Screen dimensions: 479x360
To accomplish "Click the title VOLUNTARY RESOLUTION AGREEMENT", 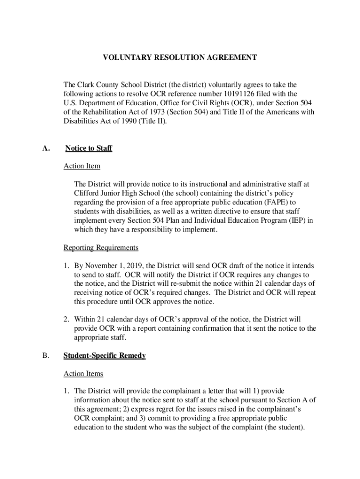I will coord(180,58).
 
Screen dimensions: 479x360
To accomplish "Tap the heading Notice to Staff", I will coord(88,148).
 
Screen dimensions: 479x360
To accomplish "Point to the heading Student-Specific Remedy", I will coord(104,356).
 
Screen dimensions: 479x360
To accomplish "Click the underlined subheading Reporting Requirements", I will coord(101,247).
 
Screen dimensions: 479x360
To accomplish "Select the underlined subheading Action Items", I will coord(83,374).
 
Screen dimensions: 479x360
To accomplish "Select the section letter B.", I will coord(45,356).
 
